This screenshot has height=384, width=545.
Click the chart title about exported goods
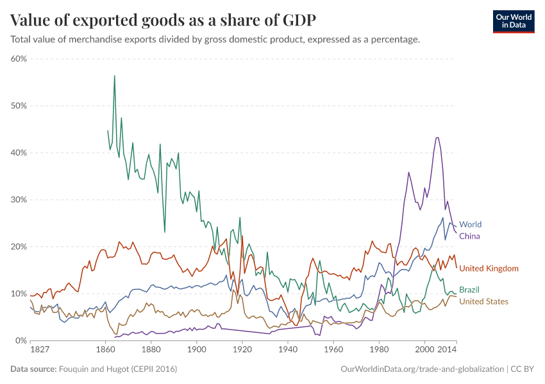(x=163, y=20)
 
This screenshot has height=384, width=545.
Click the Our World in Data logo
(x=513, y=21)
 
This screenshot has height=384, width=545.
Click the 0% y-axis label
(x=21, y=340)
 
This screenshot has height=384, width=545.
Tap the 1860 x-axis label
(x=105, y=350)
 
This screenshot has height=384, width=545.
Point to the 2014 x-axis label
(x=447, y=350)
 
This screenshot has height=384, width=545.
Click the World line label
(x=470, y=225)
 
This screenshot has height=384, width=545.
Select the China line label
(x=469, y=236)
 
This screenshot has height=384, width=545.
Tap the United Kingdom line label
(x=489, y=268)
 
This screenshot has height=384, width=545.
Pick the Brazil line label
(x=469, y=290)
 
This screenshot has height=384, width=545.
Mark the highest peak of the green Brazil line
(x=114, y=76)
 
